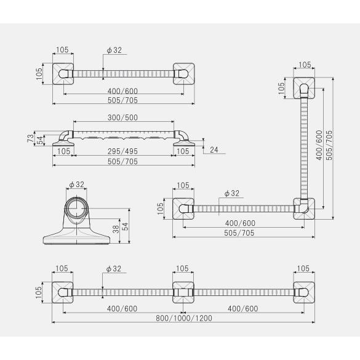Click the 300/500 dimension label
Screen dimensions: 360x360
(x=122, y=118)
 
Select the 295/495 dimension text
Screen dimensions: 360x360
(x=122, y=151)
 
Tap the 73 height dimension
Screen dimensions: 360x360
(x=30, y=138)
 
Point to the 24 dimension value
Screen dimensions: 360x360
(x=214, y=150)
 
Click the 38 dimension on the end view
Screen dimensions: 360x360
(x=116, y=229)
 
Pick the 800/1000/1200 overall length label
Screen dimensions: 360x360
(x=184, y=318)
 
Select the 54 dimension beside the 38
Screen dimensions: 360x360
(x=125, y=226)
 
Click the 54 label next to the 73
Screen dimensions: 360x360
(x=40, y=140)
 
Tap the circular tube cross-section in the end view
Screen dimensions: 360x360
(x=76, y=208)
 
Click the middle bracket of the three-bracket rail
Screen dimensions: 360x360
(x=183, y=292)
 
